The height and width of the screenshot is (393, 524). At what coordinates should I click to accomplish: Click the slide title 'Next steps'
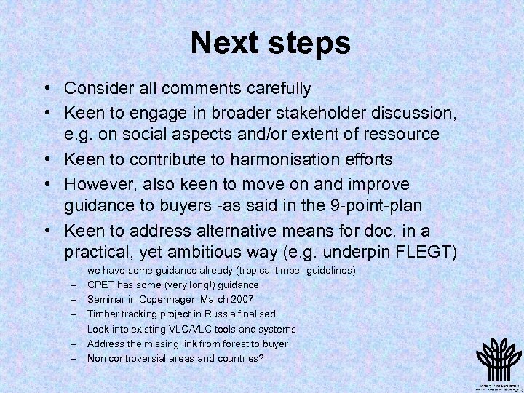point(270,43)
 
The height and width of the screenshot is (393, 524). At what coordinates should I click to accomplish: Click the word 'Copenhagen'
point(171,299)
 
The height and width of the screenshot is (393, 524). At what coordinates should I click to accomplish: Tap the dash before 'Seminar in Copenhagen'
point(74,299)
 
